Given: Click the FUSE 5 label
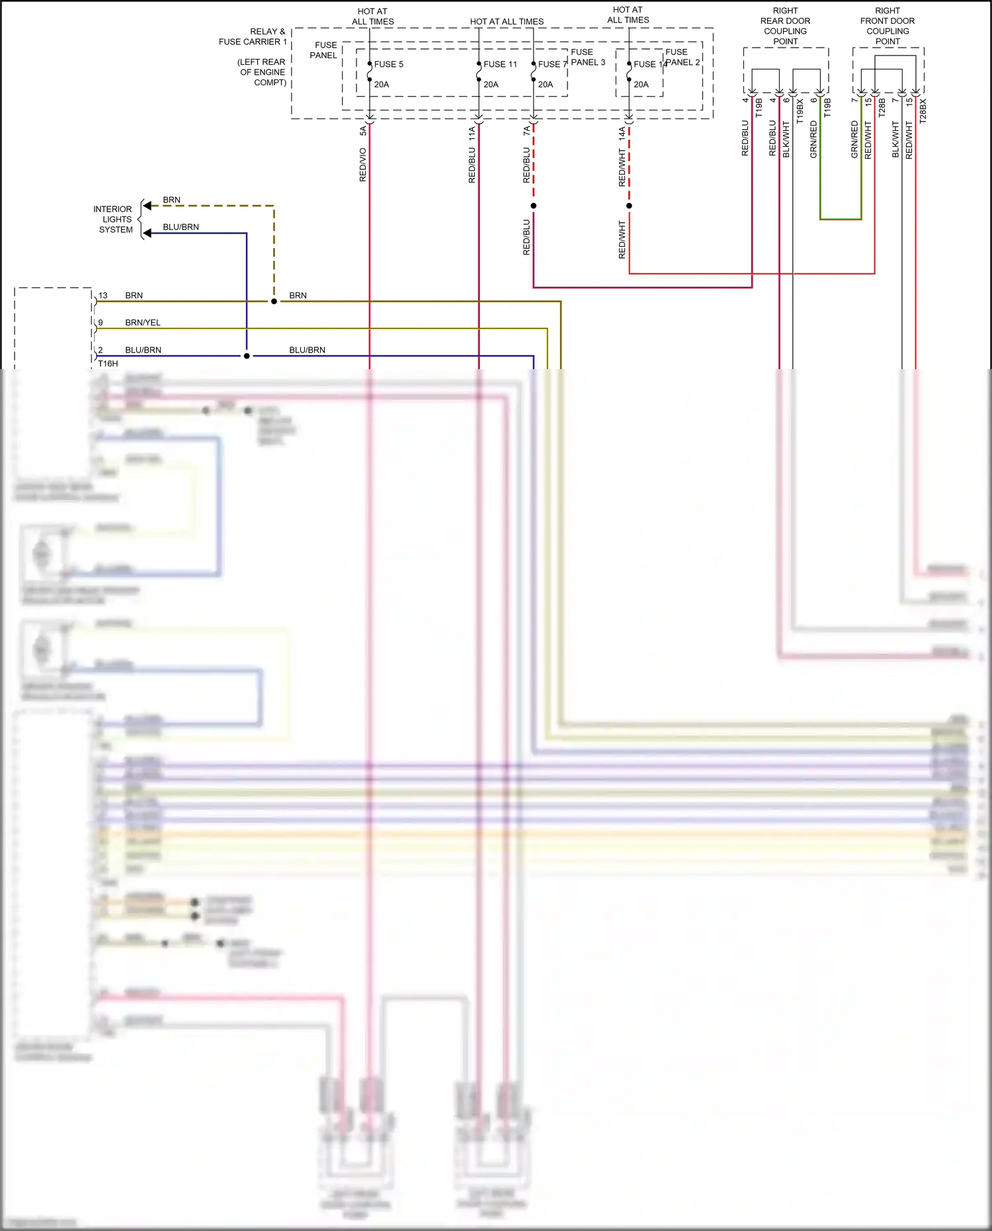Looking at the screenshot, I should click(x=388, y=64).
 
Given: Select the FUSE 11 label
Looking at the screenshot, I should click(x=500, y=64).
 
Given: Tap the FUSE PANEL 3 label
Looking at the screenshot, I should click(x=587, y=57).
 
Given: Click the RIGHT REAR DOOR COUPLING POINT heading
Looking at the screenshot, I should click(x=785, y=26).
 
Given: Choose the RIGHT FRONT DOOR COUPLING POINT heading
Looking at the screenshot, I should click(x=888, y=26).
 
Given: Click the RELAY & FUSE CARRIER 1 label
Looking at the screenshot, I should click(x=253, y=36).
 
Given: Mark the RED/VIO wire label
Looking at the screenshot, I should click(x=362, y=165).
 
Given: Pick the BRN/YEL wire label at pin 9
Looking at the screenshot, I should click(x=143, y=323).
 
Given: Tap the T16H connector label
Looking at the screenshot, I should click(x=108, y=364).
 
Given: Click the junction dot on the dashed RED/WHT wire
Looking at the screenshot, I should click(x=629, y=206).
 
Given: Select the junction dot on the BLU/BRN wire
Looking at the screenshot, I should click(x=247, y=356).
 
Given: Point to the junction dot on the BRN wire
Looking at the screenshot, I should click(x=274, y=301).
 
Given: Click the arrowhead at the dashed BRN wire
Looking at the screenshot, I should click(x=147, y=206).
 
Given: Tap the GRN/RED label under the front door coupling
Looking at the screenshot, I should click(x=854, y=140).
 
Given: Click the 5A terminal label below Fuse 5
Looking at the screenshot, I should click(x=362, y=131).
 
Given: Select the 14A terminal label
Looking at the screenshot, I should click(x=622, y=133).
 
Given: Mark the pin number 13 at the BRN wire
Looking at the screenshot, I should click(x=103, y=296).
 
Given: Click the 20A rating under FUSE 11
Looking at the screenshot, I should click(x=491, y=85).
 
